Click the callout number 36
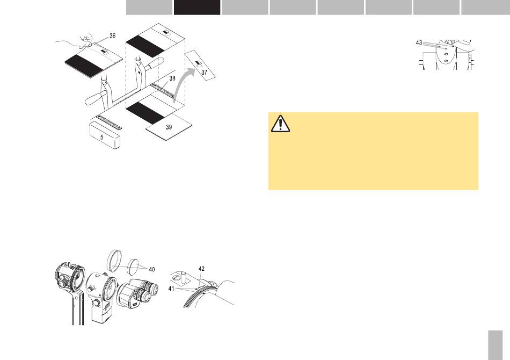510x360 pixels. [x=112, y=36]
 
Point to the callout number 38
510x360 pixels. [x=172, y=78]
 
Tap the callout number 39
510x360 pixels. [x=169, y=127]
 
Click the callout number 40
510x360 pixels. [x=152, y=269]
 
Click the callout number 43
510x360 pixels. [x=419, y=42]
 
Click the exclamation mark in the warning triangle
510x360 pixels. [x=280, y=125]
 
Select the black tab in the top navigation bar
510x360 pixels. [x=196, y=7]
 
